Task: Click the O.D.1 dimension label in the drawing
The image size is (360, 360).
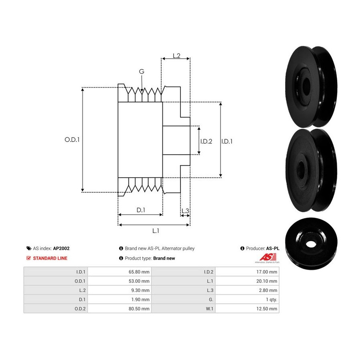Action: coord(72,140)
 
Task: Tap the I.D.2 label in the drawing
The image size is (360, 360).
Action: coord(206,142)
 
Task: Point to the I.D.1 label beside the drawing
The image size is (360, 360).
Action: coord(227,142)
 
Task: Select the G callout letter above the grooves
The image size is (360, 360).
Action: coord(142,72)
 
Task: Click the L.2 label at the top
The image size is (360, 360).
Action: coord(176,56)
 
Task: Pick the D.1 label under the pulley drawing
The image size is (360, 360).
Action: coord(141,210)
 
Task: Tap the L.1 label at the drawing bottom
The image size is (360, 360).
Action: coord(156,231)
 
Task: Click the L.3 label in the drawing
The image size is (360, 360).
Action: coord(185,211)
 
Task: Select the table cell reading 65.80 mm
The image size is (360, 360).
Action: coord(139,272)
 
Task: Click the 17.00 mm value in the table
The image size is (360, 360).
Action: coord(267,272)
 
